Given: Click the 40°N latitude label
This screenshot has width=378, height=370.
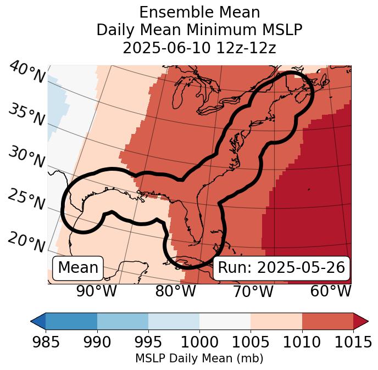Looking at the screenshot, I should click(x=27, y=72).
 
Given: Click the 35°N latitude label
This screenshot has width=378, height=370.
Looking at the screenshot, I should click(x=26, y=115).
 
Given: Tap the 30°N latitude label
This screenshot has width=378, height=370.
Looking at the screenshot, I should click(x=26, y=158).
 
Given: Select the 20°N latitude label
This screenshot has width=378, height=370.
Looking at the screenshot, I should click(x=26, y=242).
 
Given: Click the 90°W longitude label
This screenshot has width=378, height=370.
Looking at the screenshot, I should click(x=96, y=291).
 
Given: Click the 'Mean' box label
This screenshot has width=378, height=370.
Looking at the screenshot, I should click(x=78, y=268).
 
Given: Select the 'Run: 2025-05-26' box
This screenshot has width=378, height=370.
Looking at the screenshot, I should click(x=281, y=268).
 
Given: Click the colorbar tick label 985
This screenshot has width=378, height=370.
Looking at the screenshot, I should click(x=46, y=342).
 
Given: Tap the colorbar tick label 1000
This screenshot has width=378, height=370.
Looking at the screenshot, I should click(x=199, y=342).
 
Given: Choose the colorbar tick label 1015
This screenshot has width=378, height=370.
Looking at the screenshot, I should click(x=353, y=342).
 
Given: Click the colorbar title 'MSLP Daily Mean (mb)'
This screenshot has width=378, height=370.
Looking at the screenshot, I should click(x=199, y=358).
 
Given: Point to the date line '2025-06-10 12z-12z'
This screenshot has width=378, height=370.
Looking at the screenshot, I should click(x=199, y=48).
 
